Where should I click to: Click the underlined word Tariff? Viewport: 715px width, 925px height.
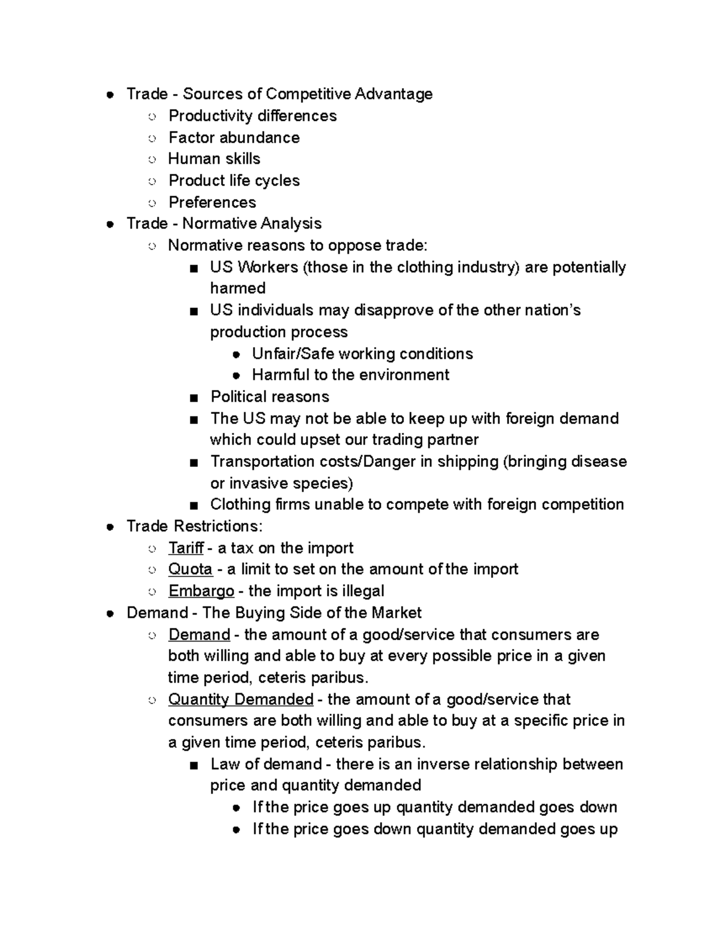186,548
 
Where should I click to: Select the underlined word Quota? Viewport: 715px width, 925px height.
190,569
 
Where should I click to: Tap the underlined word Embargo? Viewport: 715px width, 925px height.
201,591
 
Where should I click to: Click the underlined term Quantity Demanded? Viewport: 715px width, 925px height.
241,699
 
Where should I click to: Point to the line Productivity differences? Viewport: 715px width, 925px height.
252,116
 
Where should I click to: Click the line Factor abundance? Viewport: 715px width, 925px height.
234,138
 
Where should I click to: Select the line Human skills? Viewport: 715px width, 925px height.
214,159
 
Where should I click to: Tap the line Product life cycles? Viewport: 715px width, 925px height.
234,180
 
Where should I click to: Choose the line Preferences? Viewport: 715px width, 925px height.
212,203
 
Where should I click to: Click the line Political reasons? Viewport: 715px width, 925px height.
269,397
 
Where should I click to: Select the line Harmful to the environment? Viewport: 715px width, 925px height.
350,375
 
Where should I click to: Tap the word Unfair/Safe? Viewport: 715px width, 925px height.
293,354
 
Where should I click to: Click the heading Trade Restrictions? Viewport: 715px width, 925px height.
194,527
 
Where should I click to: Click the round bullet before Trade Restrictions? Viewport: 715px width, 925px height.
110,527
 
